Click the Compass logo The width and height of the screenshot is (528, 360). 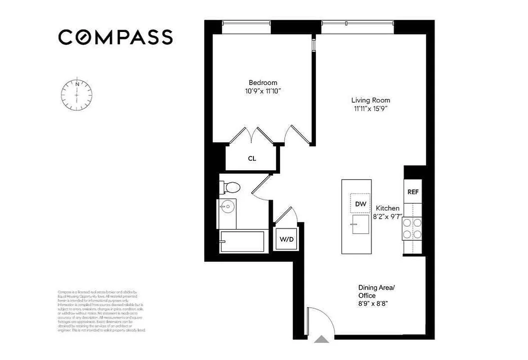point(115,37)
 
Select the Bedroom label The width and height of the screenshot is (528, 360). point(263,83)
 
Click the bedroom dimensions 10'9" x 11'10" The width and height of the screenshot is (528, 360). point(263,91)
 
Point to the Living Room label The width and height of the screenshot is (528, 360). point(370,100)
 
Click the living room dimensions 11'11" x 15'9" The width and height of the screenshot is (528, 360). point(370,108)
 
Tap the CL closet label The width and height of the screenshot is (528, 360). point(252,158)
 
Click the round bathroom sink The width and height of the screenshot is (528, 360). point(228,207)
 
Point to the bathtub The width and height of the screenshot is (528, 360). point(244,241)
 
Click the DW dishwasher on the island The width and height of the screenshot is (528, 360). point(361,204)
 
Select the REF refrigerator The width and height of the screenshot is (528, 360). point(413,192)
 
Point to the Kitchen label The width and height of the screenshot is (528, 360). point(388,208)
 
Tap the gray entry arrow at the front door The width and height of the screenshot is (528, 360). point(321,339)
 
